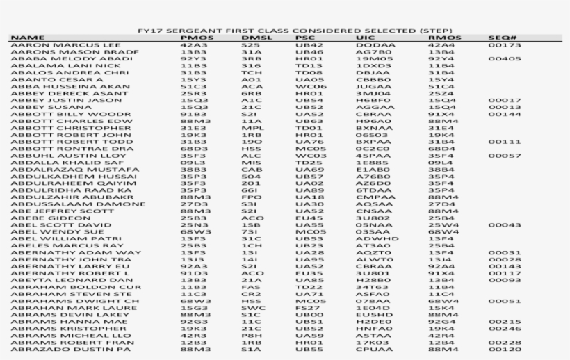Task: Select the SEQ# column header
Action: [x=499, y=38]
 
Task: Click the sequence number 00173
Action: [x=505, y=44]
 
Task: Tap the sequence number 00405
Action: [x=505, y=58]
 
